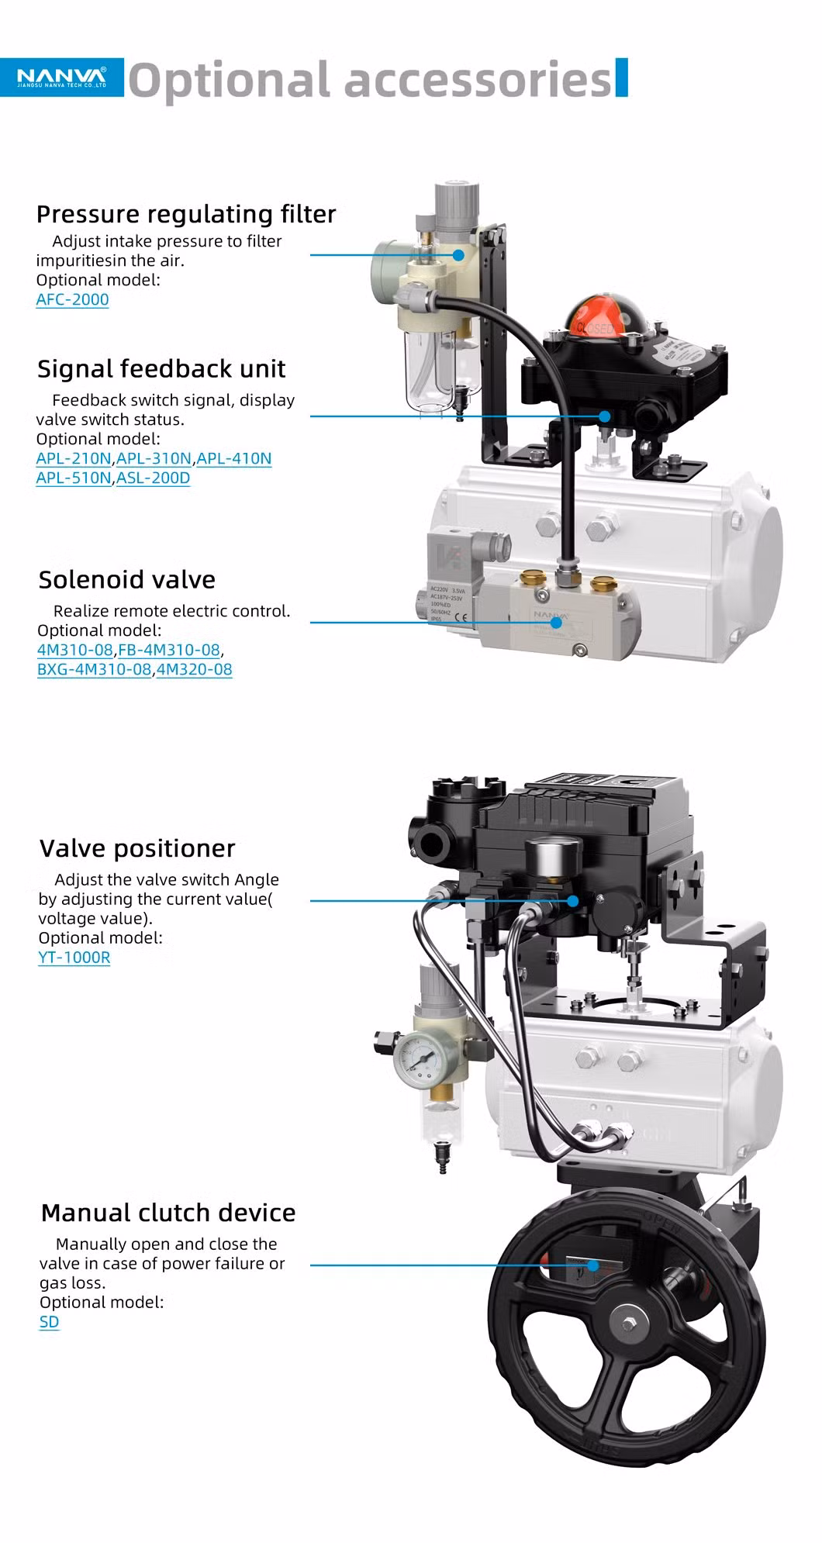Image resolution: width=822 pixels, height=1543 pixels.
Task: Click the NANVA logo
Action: click(x=62, y=77)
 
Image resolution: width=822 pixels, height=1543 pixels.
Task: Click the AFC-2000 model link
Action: click(x=72, y=299)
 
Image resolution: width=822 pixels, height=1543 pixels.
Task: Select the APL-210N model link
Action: click(x=74, y=458)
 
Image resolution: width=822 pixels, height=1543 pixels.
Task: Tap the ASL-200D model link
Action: click(x=153, y=478)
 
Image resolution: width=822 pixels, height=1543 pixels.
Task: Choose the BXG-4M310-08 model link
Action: click(x=94, y=669)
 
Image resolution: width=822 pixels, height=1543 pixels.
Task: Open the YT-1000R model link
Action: click(x=74, y=957)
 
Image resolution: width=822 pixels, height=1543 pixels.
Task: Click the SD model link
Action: click(x=49, y=1322)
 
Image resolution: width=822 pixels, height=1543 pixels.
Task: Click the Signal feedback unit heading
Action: click(x=161, y=368)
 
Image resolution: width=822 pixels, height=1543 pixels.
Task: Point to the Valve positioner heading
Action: click(x=137, y=848)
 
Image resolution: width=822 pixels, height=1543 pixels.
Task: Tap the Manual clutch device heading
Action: click(x=168, y=1213)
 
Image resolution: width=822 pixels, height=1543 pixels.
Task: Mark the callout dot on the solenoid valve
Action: click(x=555, y=622)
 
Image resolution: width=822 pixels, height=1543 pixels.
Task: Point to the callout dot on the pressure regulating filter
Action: click(x=458, y=254)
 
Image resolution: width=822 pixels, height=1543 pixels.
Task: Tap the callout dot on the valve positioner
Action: click(x=573, y=901)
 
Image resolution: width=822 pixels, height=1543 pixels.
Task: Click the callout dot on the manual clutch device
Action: click(x=593, y=1265)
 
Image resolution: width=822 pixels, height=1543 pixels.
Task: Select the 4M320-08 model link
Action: click(x=194, y=669)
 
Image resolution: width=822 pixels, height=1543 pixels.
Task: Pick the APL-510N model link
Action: click(x=74, y=478)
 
